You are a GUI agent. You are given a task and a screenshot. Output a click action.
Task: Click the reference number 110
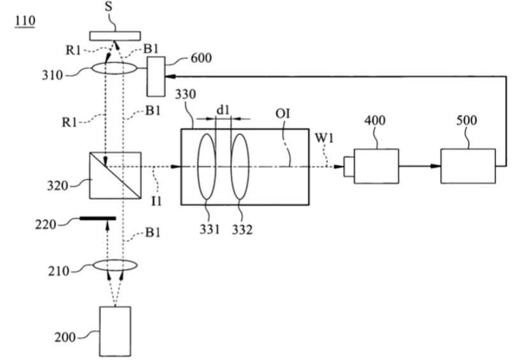pos(25,21)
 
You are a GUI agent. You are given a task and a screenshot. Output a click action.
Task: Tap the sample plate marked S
pos(115,36)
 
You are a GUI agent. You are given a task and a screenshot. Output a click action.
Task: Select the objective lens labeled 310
pos(113,68)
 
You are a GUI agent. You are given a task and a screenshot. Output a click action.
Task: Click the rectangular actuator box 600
pos(156,76)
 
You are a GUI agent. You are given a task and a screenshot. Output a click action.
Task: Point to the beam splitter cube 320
pos(115,175)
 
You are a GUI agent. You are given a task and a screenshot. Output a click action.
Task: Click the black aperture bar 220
pos(98,218)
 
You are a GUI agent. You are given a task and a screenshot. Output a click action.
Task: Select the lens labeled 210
pos(115,265)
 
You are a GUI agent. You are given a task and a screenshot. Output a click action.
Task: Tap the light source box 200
pos(115,331)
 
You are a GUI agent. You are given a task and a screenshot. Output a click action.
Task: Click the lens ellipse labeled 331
pos(207,166)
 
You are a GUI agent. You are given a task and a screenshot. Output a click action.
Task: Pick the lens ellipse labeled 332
pos(240,166)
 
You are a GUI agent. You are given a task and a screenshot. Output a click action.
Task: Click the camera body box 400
pos(377,166)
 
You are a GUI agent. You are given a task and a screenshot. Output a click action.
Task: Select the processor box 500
pos(468,166)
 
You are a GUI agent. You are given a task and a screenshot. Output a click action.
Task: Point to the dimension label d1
pos(223,111)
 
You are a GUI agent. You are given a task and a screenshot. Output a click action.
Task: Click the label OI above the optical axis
pos(283,113)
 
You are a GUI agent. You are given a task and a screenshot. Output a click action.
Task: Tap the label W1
pos(324,138)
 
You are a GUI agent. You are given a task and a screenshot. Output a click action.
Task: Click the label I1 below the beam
pos(157,201)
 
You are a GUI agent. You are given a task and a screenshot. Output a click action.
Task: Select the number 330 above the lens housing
pos(185,94)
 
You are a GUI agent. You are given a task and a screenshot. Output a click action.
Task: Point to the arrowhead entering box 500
pos(435,166)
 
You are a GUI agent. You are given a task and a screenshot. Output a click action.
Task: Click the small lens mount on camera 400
pos(349,167)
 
